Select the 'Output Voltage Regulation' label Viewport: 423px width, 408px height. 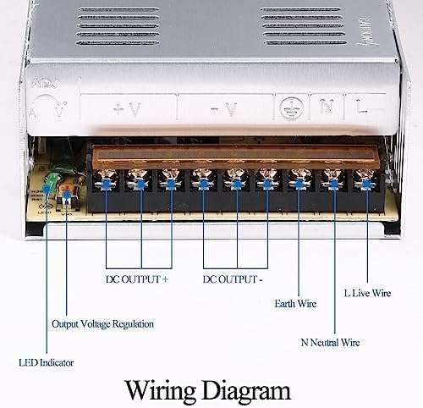coord(102,323)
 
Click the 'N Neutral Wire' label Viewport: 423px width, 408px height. coord(330,343)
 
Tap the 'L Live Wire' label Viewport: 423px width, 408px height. coord(368,293)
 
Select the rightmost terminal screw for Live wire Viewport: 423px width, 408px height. coord(366,180)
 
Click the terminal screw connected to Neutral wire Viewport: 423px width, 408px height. coord(334,180)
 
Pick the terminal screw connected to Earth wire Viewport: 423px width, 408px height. coord(301,180)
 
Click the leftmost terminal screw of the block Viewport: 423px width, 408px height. coord(107,180)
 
